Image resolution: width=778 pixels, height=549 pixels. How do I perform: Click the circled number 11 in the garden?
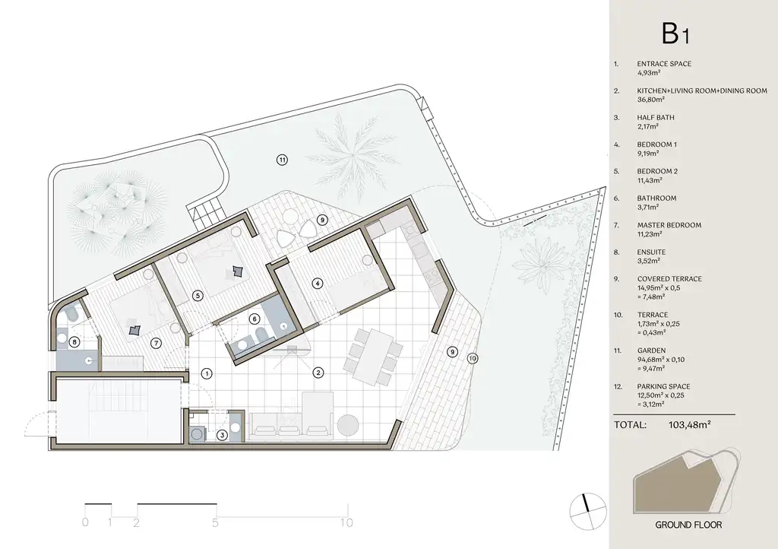(x=282, y=160)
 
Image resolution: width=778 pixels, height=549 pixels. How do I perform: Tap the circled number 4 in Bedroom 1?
(x=317, y=284)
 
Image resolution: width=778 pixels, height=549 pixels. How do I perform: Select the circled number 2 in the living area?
(x=318, y=373)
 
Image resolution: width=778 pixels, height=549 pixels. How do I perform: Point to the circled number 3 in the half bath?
(x=223, y=436)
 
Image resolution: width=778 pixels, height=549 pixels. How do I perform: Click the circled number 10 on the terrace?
(x=473, y=358)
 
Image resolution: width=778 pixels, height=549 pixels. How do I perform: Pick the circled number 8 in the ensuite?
(x=74, y=341)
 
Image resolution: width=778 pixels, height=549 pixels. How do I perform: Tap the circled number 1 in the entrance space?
(x=207, y=374)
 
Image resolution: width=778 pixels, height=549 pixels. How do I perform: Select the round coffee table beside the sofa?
(x=347, y=425)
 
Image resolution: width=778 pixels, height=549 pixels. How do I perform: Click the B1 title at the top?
(x=675, y=33)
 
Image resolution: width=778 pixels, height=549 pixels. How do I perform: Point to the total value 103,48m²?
(x=690, y=424)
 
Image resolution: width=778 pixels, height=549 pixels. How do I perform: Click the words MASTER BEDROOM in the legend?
(x=669, y=225)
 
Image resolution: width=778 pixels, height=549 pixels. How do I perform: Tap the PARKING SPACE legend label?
(x=663, y=386)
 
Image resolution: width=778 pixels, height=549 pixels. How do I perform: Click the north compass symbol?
(x=588, y=512)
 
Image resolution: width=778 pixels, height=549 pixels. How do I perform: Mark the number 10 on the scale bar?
(x=346, y=522)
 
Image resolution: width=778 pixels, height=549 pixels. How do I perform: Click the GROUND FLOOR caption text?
(x=688, y=525)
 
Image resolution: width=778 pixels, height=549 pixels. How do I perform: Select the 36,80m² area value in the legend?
(x=650, y=100)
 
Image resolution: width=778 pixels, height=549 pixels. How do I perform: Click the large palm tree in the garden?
(x=352, y=154)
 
